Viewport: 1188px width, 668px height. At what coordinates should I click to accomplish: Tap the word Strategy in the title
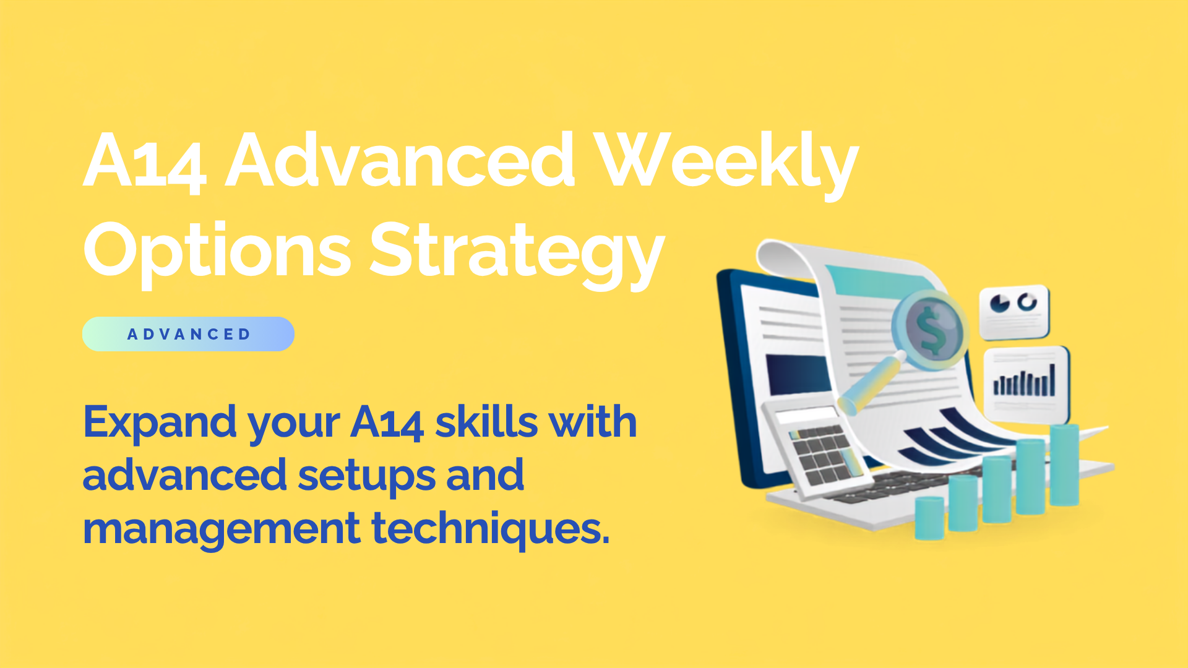click(x=517, y=254)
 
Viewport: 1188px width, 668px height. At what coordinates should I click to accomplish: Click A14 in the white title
click(x=144, y=161)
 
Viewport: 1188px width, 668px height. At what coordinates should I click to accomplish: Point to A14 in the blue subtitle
click(x=387, y=423)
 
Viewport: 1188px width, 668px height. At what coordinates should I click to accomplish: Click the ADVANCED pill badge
click(x=188, y=334)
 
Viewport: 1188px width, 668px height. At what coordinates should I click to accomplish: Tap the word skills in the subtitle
click(x=487, y=422)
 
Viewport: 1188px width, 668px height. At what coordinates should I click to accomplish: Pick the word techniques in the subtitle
click(x=491, y=529)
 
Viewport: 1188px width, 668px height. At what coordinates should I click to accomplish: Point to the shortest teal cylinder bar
click(x=929, y=517)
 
